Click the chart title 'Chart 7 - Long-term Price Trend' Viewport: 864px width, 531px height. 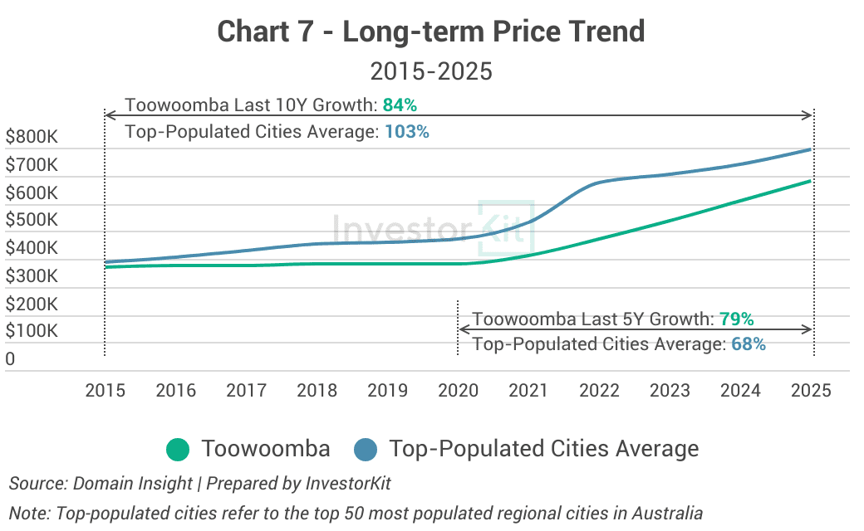coord(431,32)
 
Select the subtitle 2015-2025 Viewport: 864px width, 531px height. coord(431,71)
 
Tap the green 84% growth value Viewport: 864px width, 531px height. coord(400,105)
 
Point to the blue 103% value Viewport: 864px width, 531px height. coord(407,131)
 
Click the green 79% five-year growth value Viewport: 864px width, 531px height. coord(736,319)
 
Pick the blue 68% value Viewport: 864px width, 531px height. coord(749,343)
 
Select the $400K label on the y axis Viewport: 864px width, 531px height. coord(32,248)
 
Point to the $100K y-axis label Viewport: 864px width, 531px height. coord(32,331)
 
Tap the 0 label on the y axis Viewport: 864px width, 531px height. coord(10,359)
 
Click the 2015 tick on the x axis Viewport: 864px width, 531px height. coord(106,391)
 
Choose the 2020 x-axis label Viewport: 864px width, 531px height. coord(458,391)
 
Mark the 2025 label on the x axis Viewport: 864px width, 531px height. coord(811,391)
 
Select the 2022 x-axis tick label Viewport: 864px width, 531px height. coord(599,391)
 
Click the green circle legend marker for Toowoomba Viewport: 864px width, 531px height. coord(179,450)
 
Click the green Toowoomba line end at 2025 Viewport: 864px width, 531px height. coord(810,181)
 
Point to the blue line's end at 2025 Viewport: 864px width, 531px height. coord(810,149)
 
